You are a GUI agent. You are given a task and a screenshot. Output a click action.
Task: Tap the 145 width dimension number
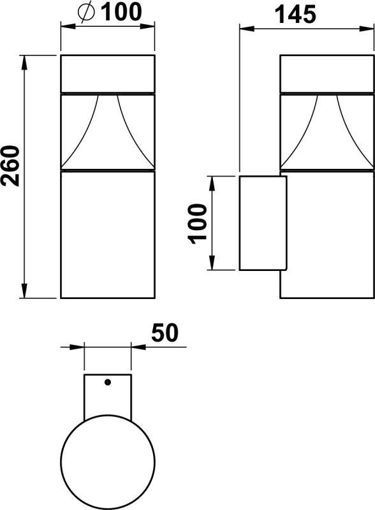pyautogui.click(x=296, y=14)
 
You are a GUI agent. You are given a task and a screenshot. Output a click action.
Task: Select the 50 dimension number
pyautogui.click(x=165, y=333)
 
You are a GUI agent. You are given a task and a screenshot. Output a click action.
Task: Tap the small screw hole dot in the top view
pyautogui.click(x=107, y=382)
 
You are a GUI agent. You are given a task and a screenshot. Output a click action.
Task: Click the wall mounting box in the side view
pyautogui.click(x=263, y=223)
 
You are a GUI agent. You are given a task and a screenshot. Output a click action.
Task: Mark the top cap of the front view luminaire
pyautogui.click(x=107, y=74)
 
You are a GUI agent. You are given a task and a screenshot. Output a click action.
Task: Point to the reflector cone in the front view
pyautogui.click(x=107, y=131)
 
